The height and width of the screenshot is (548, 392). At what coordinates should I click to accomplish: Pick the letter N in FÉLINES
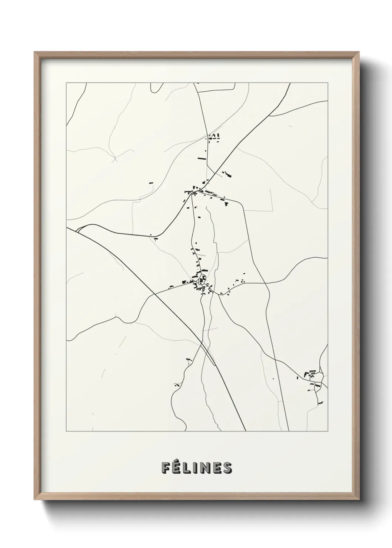tap(205, 468)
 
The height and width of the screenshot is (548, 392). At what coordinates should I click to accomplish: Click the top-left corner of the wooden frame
tap(35, 52)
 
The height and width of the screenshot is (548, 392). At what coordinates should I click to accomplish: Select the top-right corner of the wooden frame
tap(358, 52)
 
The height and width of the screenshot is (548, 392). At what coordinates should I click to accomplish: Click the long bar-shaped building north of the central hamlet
tap(202, 158)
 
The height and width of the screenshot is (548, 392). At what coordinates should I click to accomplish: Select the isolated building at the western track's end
tap(151, 183)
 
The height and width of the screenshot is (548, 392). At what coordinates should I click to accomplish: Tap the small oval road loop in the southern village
tap(203, 278)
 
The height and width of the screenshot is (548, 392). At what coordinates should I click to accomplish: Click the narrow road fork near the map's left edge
tap(78, 230)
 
